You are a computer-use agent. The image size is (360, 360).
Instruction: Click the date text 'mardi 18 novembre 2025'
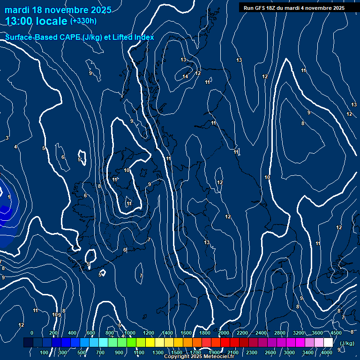point(58,10)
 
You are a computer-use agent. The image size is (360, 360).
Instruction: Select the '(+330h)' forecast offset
point(83,21)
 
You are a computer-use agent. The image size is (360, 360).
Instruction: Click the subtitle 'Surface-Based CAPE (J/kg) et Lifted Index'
point(80,37)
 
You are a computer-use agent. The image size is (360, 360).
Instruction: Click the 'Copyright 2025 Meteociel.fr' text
point(199,357)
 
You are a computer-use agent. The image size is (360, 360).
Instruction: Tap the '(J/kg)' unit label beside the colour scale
point(346,344)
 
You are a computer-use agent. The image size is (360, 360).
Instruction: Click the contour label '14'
point(185,76)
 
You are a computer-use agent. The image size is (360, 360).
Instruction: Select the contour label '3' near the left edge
point(7,138)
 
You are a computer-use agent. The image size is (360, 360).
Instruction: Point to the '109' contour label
point(56,315)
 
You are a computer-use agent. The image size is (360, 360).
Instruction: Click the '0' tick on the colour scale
point(32,333)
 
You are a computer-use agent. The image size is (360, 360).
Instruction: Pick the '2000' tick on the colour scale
point(223,333)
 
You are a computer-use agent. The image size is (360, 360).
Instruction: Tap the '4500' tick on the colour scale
point(336,333)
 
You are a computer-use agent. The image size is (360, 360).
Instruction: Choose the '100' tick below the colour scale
point(45,352)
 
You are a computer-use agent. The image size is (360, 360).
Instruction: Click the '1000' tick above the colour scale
point(130,333)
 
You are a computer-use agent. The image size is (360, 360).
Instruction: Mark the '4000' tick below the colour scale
point(327,352)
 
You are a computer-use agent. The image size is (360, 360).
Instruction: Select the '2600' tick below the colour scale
point(270,352)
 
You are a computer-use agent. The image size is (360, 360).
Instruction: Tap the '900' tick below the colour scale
point(120,352)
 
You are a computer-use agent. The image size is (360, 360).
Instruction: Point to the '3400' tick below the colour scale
point(308,352)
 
